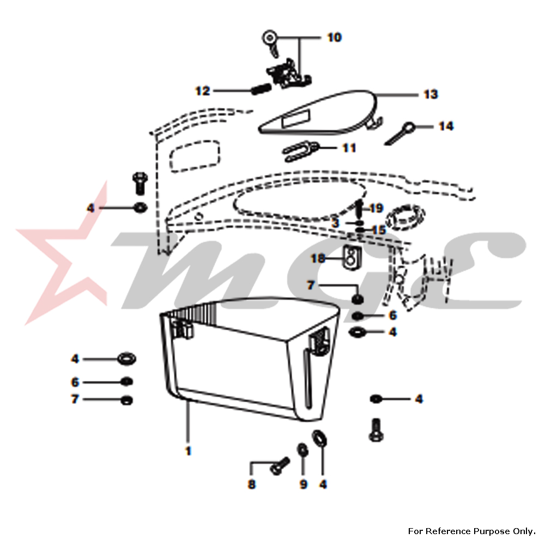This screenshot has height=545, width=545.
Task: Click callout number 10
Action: (x=335, y=37)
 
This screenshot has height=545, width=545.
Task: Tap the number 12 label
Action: (x=203, y=90)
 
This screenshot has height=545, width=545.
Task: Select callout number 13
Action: (x=431, y=94)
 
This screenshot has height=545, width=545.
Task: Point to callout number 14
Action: (x=446, y=126)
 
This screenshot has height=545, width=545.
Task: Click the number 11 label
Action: (x=349, y=148)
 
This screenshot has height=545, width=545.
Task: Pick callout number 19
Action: (x=376, y=208)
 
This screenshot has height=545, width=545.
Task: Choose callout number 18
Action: (x=318, y=258)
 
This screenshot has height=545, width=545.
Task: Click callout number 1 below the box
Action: (x=188, y=451)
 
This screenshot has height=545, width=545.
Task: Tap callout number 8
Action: (x=252, y=484)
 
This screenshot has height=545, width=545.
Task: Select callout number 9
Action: (x=304, y=484)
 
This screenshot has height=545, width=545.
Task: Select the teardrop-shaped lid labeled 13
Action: (x=318, y=112)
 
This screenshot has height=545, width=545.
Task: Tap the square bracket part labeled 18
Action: (x=352, y=257)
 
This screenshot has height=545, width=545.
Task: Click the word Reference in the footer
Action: (x=444, y=531)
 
